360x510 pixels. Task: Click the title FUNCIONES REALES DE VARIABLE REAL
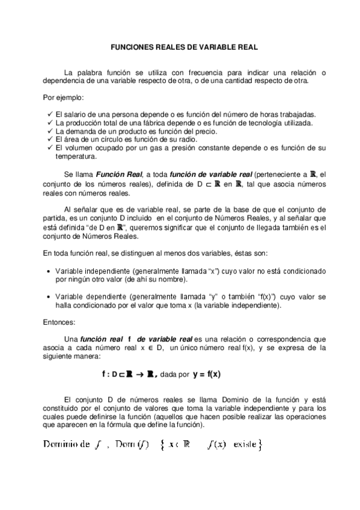pos(180,46)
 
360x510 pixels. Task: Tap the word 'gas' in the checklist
pos(159,147)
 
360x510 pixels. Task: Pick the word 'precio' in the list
pos(200,131)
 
